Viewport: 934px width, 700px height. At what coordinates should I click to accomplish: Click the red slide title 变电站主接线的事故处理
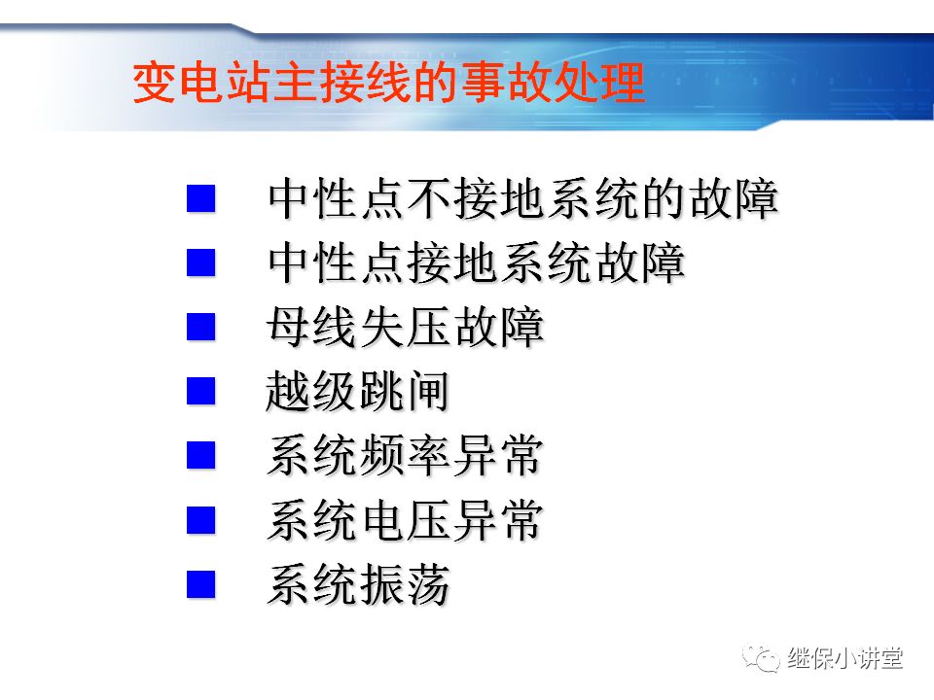click(388, 84)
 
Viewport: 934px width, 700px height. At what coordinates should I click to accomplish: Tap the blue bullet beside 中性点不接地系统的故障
click(201, 199)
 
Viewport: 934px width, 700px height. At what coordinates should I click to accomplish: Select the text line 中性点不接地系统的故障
click(523, 199)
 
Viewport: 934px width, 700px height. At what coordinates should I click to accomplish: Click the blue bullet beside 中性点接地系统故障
click(201, 262)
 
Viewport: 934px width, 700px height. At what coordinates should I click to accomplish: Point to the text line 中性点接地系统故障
click(477, 263)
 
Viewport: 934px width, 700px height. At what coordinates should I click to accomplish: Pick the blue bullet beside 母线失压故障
click(201, 327)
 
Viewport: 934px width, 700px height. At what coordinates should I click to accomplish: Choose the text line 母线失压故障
click(406, 328)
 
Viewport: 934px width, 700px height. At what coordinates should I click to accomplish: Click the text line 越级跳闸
click(358, 392)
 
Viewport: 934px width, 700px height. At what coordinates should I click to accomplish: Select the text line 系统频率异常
click(406, 456)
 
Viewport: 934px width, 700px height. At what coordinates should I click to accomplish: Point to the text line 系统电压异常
click(406, 521)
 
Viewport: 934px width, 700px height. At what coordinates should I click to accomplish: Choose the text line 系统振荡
click(358, 585)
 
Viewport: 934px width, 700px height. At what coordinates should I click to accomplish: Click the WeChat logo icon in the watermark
click(762, 660)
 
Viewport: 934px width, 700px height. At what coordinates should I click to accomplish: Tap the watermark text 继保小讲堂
click(845, 659)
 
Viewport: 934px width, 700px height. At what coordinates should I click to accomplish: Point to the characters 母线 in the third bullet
click(311, 328)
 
